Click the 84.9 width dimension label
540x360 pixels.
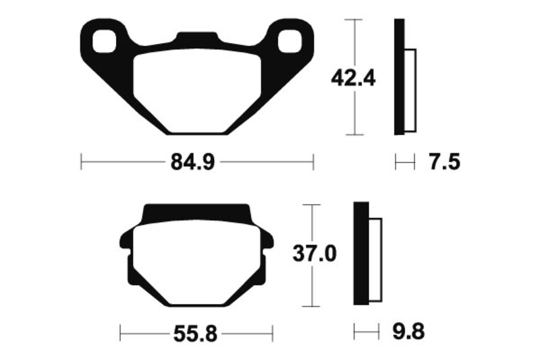(192, 161)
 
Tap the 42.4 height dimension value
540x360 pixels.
(353, 78)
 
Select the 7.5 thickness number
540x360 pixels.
(445, 161)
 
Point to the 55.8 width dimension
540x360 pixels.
(195, 334)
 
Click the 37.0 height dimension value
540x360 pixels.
(314, 253)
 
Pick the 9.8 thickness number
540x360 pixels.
(408, 332)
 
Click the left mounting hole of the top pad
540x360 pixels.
(104, 41)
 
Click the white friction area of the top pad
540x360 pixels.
(197, 91)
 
